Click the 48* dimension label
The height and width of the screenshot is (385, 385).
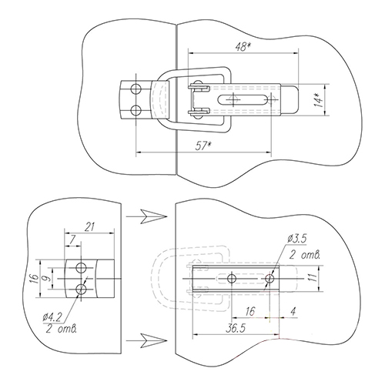click(x=243, y=47)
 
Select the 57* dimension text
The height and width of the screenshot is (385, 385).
click(x=203, y=146)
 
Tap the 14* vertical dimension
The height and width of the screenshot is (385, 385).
click(x=319, y=100)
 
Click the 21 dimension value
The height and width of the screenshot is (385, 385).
click(x=90, y=227)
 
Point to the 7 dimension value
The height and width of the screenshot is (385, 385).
click(x=72, y=240)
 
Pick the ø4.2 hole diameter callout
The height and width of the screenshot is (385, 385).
click(x=52, y=318)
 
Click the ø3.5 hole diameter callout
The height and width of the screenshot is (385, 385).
click(x=297, y=239)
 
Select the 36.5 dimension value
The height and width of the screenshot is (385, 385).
click(x=236, y=328)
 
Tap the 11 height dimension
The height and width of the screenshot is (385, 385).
click(x=313, y=278)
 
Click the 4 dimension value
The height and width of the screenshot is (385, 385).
click(x=293, y=311)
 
